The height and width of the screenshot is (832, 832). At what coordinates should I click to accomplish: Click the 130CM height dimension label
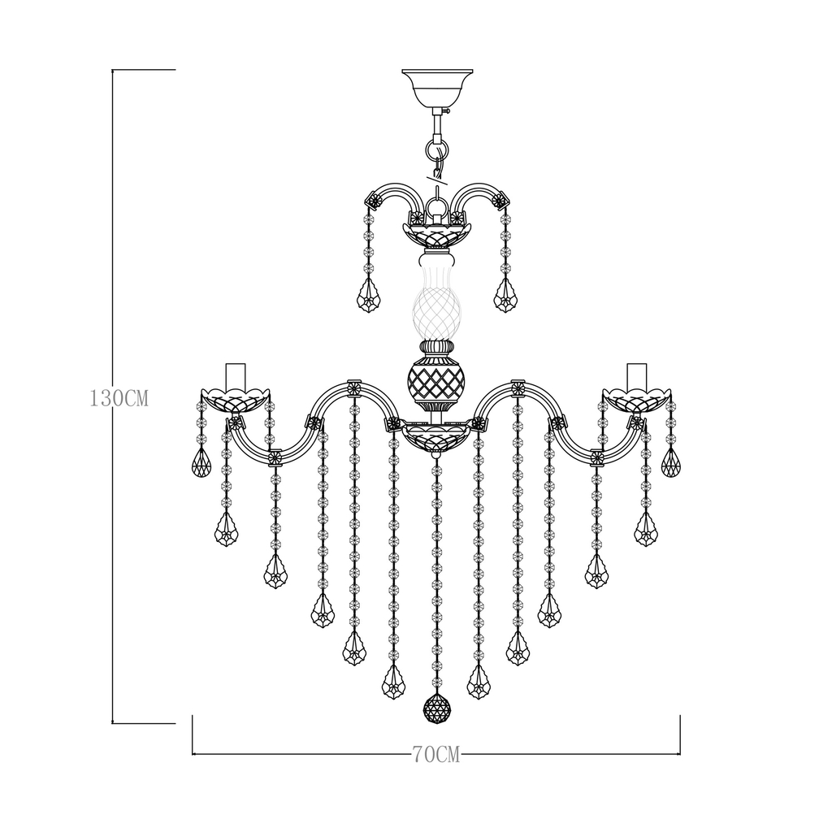[x=119, y=398]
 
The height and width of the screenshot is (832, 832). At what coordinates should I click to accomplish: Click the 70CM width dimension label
[x=436, y=755]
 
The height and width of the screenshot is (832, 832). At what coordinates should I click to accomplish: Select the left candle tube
[x=236, y=376]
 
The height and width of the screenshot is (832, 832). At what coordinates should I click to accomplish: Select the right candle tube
[x=637, y=376]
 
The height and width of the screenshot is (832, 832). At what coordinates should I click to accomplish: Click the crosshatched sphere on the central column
[x=436, y=380]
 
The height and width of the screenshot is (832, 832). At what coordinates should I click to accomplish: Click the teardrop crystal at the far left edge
[x=201, y=462]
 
